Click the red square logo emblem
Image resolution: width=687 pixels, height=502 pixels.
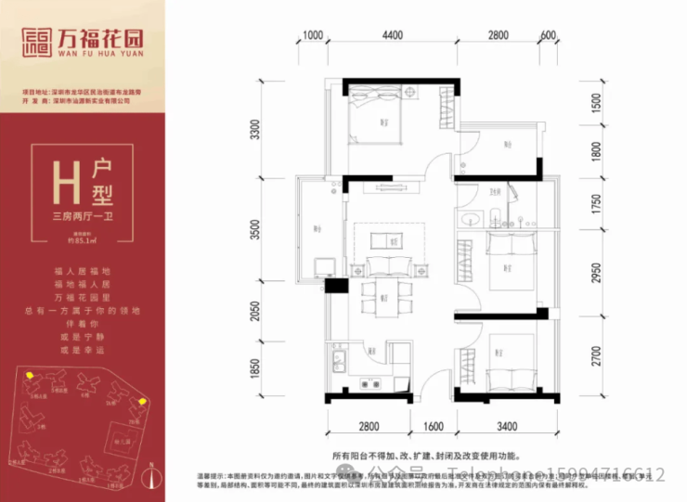click(39, 41)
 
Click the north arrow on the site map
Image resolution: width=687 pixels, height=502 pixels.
click(153, 480)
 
